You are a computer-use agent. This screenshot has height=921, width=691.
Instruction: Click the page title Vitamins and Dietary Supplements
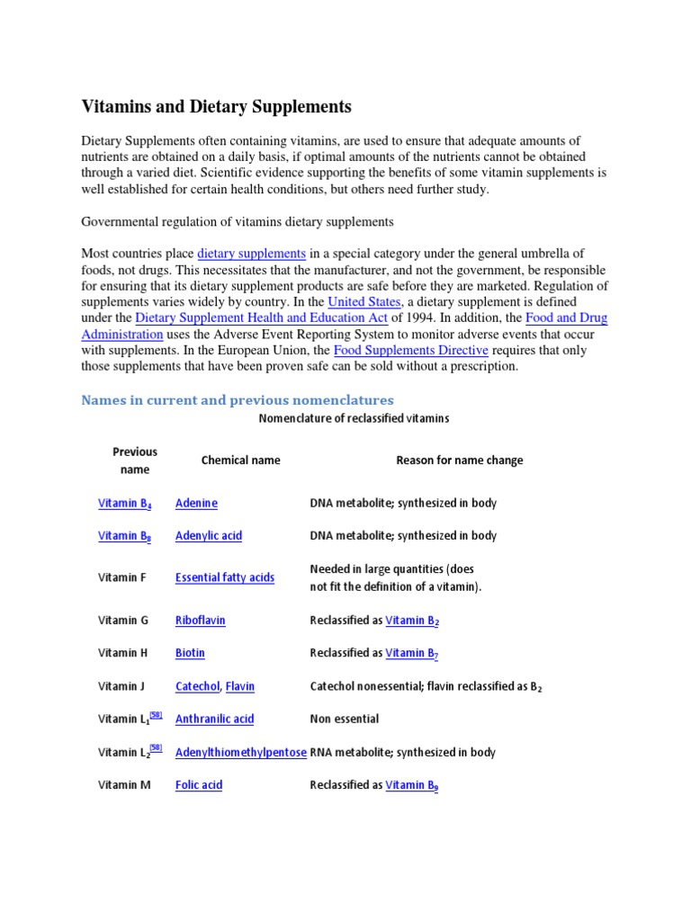tap(217, 107)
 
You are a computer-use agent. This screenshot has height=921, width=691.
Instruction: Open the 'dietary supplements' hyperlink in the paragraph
tap(252, 254)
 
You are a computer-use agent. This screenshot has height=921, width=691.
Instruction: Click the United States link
tap(364, 301)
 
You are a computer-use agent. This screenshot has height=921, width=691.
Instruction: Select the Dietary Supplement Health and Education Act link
tap(261, 317)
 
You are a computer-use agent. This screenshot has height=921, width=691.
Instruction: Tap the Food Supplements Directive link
tap(411, 350)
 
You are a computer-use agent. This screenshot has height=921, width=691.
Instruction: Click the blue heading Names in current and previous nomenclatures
tap(238, 399)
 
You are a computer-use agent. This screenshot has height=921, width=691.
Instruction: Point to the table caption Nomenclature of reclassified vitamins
tap(354, 419)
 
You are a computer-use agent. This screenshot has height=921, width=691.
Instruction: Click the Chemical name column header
tap(240, 460)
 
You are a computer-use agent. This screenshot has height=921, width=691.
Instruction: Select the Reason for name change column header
tap(459, 460)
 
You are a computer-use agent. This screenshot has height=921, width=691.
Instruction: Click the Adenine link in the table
tap(196, 504)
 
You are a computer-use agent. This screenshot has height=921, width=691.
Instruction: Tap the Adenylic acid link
tap(209, 536)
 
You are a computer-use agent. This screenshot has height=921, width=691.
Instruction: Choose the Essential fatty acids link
tap(225, 578)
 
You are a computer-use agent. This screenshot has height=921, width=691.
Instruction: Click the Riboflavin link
tap(201, 621)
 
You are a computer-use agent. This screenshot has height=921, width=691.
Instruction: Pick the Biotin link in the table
tap(190, 653)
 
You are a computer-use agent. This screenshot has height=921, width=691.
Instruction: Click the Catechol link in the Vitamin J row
tap(197, 686)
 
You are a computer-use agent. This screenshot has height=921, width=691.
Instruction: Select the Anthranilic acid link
tap(215, 720)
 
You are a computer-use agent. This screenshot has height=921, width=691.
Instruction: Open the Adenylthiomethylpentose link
tap(240, 753)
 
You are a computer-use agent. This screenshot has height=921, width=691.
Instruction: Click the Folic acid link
tap(199, 785)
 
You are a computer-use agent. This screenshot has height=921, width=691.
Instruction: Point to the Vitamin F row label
tap(122, 578)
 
